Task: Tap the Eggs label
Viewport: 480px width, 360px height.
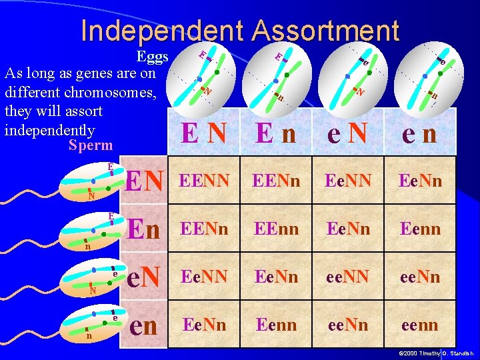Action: pyautogui.click(x=152, y=56)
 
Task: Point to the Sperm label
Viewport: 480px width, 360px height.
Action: pyautogui.click(x=91, y=145)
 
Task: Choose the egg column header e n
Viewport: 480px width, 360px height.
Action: pyautogui.click(x=420, y=133)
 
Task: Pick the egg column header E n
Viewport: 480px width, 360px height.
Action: pyautogui.click(x=275, y=133)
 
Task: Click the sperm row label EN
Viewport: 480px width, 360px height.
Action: pyautogui.click(x=145, y=181)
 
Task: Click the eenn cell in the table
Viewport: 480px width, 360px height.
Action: pyautogui.click(x=420, y=325)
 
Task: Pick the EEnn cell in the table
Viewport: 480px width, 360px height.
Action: pyautogui.click(x=275, y=229)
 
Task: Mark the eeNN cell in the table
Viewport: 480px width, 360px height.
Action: pyautogui.click(x=348, y=277)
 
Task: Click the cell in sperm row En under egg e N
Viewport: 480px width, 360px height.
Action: pyautogui.click(x=348, y=229)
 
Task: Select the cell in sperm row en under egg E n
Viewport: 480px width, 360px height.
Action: pyautogui.click(x=275, y=325)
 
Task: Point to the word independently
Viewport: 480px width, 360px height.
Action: pyautogui.click(x=49, y=129)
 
